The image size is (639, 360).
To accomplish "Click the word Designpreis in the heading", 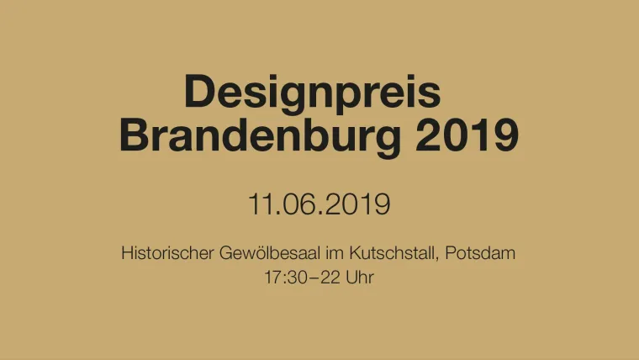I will pyautogui.click(x=312, y=93).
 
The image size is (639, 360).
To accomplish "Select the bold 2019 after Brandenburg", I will pyautogui.click(x=467, y=135).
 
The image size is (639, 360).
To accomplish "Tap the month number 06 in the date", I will pyautogui.click(x=298, y=204).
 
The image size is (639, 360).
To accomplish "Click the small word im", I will pyautogui.click(x=335, y=252).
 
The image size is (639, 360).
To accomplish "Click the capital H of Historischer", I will pyautogui.click(x=127, y=252).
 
